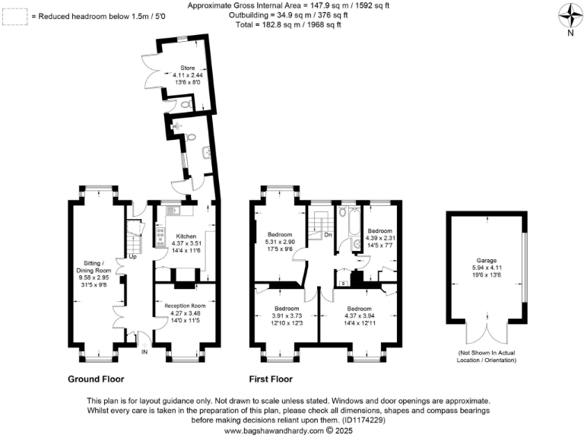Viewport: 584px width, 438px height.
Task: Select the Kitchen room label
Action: [x=186, y=236]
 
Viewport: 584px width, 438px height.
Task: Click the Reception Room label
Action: [x=186, y=306]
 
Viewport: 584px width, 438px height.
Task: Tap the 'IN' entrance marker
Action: [x=144, y=351]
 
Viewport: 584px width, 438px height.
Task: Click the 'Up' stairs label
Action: [x=132, y=256]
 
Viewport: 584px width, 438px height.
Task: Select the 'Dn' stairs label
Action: [x=328, y=235]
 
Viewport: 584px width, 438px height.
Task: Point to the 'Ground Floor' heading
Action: [x=96, y=379]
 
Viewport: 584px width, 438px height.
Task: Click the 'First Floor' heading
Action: [x=271, y=379]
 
